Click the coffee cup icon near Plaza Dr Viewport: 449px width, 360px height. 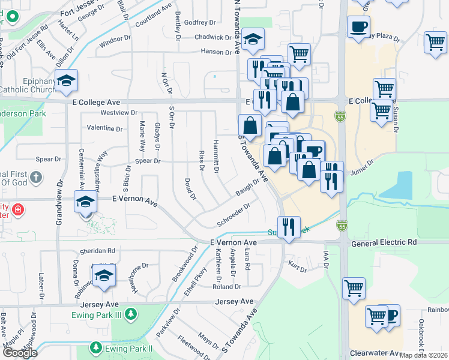click(x=358, y=27)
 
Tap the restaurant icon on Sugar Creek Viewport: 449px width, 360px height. click(x=289, y=227)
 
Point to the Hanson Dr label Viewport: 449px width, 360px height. click(x=212, y=52)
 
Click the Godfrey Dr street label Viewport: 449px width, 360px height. click(x=200, y=23)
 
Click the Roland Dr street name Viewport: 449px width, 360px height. click(x=226, y=287)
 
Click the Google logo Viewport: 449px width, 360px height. click(x=20, y=353)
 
